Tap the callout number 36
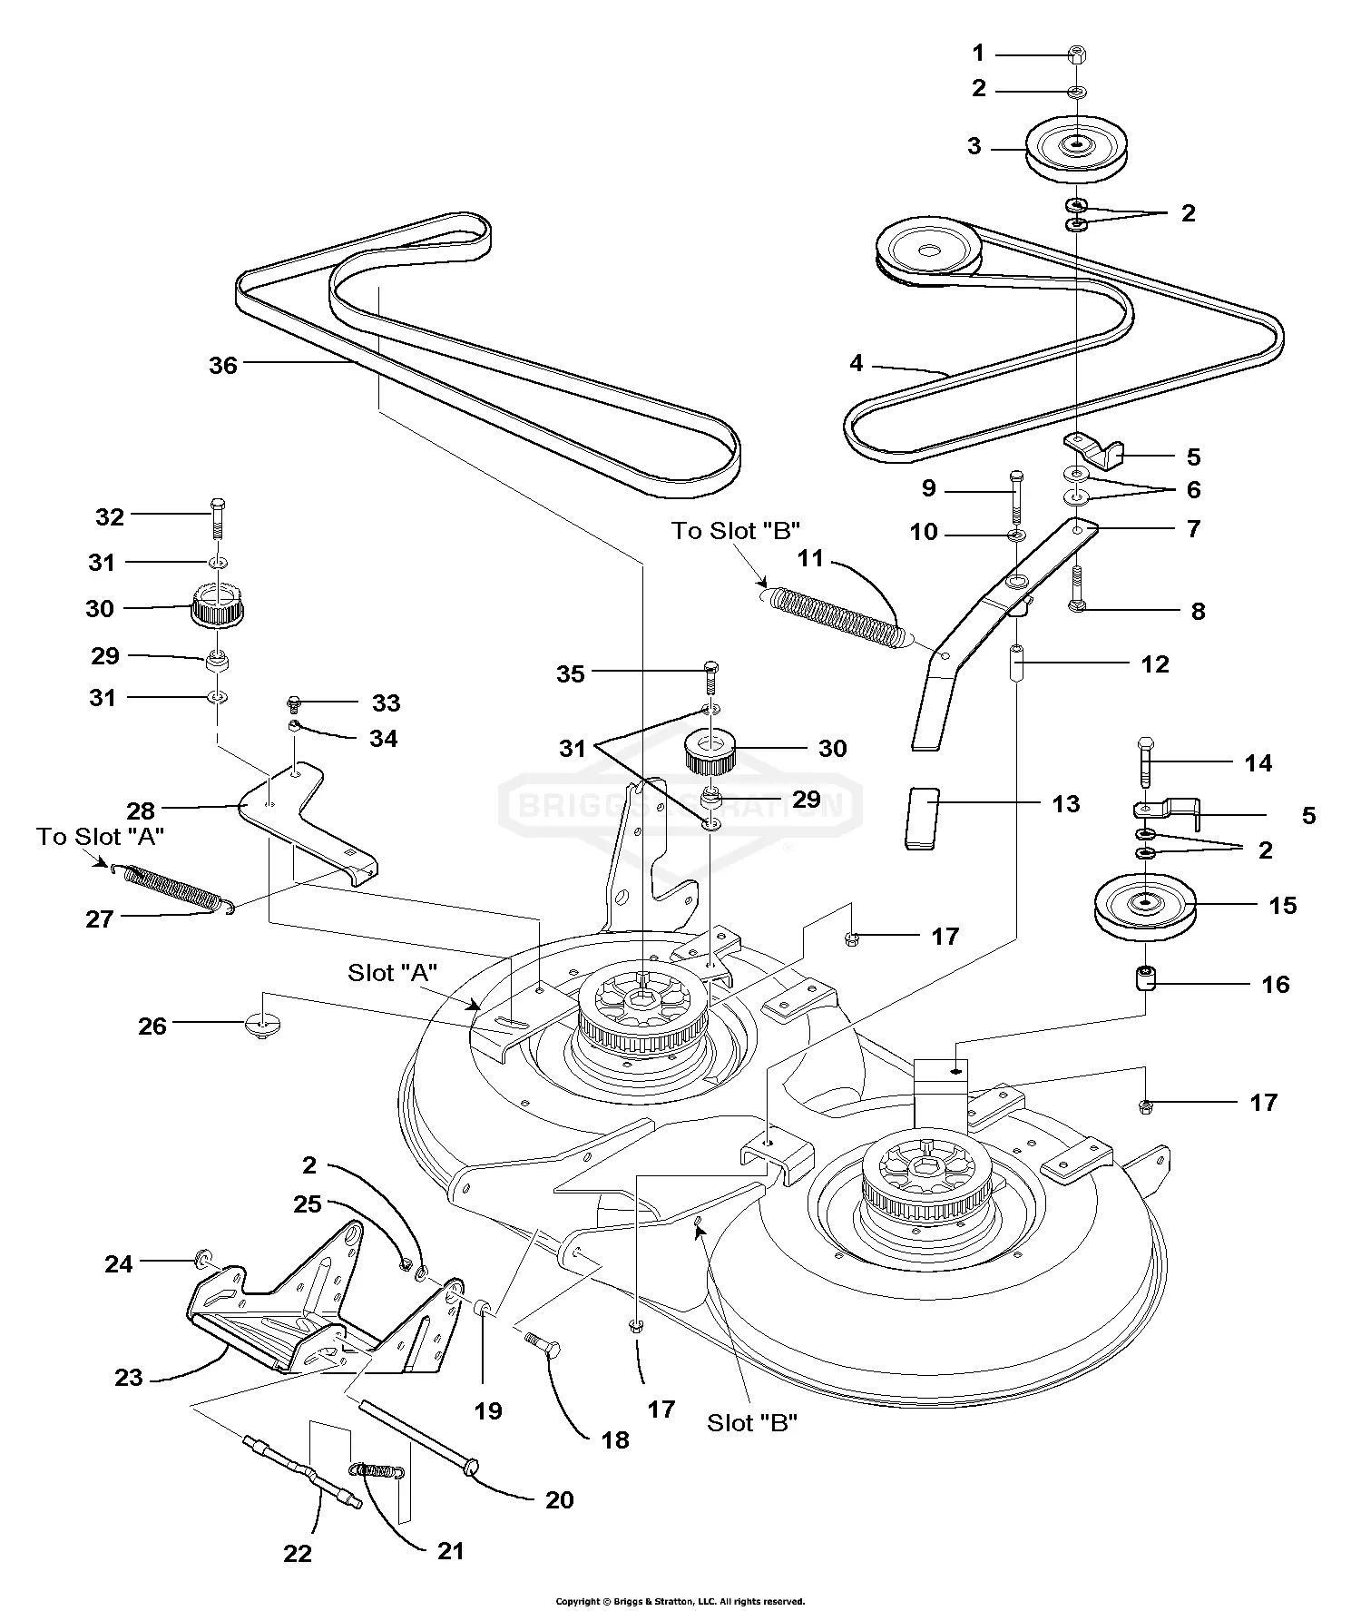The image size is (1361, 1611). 222,365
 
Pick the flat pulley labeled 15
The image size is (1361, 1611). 1146,906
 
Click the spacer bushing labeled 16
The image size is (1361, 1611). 1147,981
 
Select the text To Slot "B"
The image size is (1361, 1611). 736,531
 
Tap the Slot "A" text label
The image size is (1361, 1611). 392,973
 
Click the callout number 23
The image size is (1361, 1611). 129,1378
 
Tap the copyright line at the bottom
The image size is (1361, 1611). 680,1602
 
